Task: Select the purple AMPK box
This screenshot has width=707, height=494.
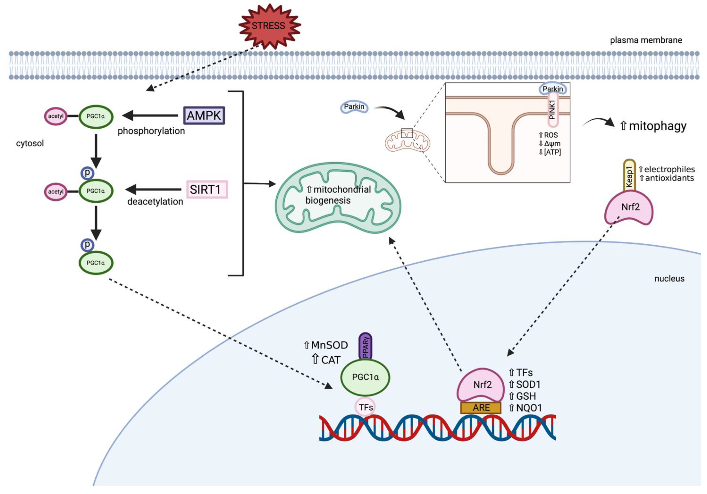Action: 204,116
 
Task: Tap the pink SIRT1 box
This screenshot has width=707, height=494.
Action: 207,189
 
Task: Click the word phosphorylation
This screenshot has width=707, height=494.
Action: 151,131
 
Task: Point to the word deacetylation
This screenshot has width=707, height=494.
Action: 155,202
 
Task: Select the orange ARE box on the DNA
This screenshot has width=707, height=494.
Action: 481,408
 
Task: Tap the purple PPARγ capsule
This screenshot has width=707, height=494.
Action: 365,347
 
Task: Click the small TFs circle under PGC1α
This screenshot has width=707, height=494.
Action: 365,407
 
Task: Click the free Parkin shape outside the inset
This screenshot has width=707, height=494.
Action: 354,107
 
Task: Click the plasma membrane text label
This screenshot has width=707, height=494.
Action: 646,40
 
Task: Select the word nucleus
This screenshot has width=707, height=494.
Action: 669,279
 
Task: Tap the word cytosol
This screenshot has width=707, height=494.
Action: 30,143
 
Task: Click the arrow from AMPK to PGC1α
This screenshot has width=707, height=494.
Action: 150,116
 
